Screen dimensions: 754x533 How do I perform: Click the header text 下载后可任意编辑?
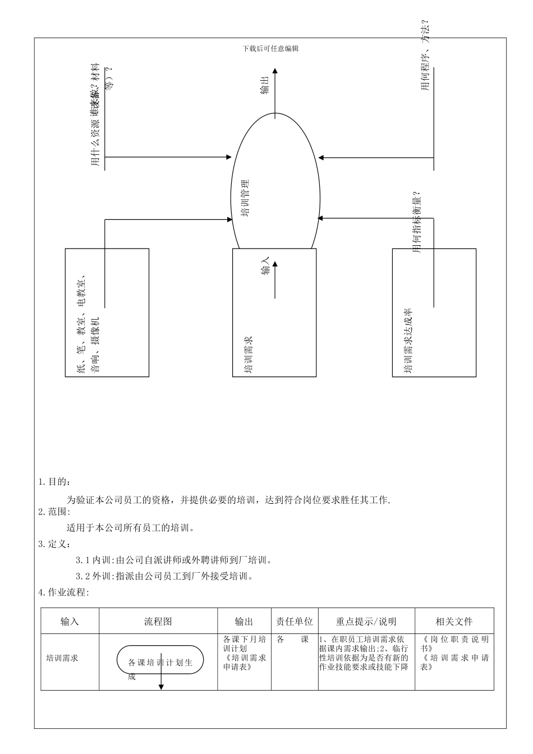point(270,49)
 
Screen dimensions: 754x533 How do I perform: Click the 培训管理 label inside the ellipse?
point(245,198)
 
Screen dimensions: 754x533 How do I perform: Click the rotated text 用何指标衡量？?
point(417,222)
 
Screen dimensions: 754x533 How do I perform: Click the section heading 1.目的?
point(54,482)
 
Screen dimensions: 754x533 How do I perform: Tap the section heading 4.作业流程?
point(63,592)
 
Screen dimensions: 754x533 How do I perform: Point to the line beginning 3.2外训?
point(167,576)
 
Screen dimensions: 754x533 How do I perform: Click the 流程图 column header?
point(158,622)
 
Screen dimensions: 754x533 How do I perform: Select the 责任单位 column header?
point(295,622)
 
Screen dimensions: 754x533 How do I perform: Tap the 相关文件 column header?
point(454,622)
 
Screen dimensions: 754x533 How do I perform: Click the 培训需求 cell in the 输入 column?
point(62,658)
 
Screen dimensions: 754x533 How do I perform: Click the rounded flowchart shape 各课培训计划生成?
point(160,662)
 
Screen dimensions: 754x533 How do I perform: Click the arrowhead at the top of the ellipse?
point(275,71)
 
